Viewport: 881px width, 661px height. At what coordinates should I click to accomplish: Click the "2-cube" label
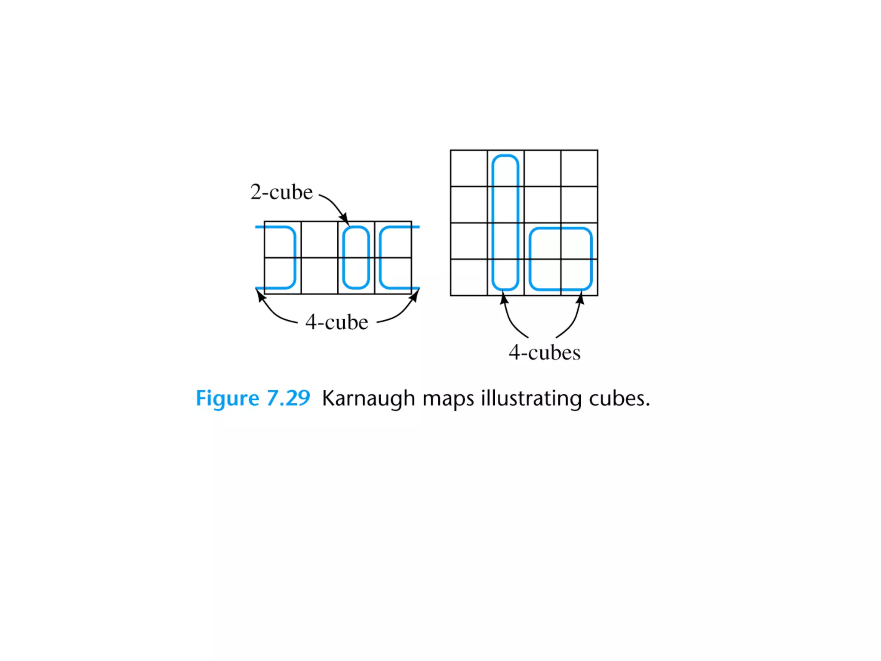pos(281,192)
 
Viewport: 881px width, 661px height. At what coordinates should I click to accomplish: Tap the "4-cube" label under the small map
pos(337,322)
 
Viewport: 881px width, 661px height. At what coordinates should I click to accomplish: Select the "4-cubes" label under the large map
pos(544,352)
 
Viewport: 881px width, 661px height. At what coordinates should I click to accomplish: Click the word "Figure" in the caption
pos(227,398)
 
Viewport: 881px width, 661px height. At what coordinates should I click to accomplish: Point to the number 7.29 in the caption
pos(288,398)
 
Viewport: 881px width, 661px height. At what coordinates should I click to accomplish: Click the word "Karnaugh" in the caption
pos(368,398)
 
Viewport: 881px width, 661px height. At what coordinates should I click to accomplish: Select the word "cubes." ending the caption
pos(619,398)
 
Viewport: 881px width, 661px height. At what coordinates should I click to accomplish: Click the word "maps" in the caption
pos(448,398)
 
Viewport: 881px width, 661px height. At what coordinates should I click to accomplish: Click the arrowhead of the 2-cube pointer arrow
pos(345,219)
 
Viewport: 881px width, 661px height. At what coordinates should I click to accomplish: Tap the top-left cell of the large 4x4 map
pos(469,168)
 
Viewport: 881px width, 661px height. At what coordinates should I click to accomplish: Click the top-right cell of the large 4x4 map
pos(579,168)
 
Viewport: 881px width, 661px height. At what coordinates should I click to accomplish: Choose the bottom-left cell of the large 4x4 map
pos(469,278)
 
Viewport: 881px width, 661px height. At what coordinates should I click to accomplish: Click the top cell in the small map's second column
pos(319,240)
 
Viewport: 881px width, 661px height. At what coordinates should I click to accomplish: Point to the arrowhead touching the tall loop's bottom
pos(504,298)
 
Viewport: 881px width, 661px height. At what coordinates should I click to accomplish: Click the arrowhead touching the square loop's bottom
pos(580,298)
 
